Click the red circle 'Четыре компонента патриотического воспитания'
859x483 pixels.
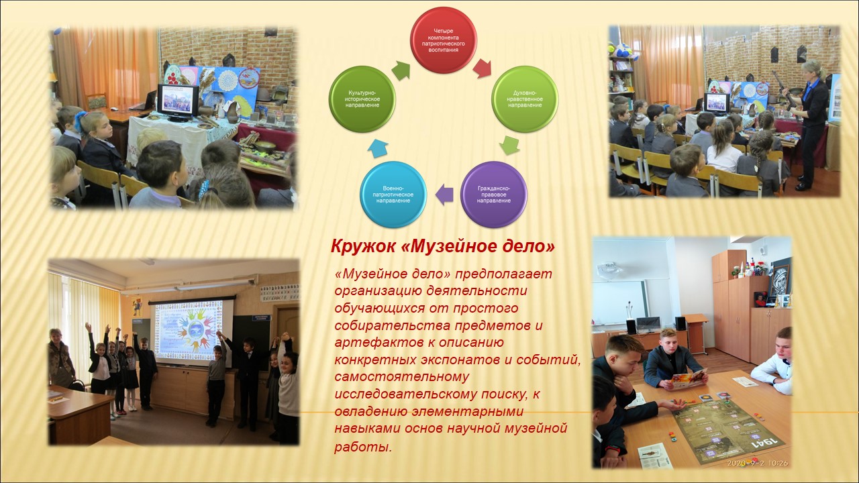pyautogui.click(x=444, y=40)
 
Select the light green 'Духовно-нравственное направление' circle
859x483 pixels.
pyautogui.click(x=525, y=99)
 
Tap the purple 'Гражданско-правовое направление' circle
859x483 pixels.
pyautogui.click(x=493, y=195)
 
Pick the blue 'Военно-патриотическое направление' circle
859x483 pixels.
pyautogui.click(x=393, y=195)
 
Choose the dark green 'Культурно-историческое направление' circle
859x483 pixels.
pyautogui.click(x=362, y=99)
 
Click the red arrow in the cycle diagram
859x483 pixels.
pyautogui.click(x=482, y=68)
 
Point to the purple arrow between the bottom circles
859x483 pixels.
pyautogui.click(x=444, y=195)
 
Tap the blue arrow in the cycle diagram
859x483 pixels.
pyautogui.click(x=378, y=148)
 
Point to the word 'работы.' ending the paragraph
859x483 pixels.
pyautogui.click(x=363, y=447)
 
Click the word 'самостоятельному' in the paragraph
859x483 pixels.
pyautogui.click(x=401, y=377)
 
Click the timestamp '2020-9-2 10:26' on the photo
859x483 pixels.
pyautogui.click(x=758, y=463)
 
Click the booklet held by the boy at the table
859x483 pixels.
pyautogui.click(x=689, y=378)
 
